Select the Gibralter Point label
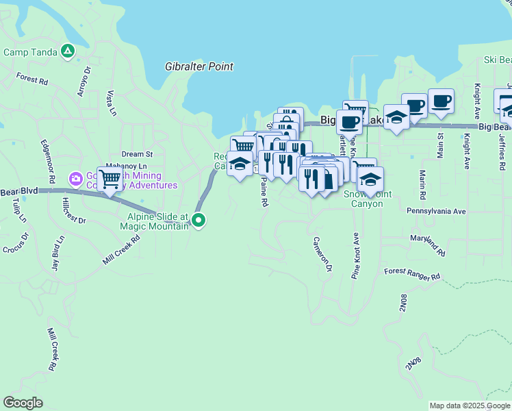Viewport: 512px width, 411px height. (199, 67)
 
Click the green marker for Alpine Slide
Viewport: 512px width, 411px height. (199, 220)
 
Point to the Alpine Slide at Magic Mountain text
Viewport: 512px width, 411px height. (154, 221)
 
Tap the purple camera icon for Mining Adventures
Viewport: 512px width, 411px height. (75, 179)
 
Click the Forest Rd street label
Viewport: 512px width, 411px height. (32, 79)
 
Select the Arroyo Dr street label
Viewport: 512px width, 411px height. (84, 82)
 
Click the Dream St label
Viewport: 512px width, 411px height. (137, 154)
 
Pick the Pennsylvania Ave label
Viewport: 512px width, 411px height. (436, 212)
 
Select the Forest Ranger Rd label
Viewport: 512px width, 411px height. (412, 275)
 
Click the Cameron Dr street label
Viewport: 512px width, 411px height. (322, 255)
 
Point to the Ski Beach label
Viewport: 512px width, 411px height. (499, 60)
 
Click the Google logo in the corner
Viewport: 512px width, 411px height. (23, 403)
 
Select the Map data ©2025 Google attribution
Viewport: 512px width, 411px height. (470, 406)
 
